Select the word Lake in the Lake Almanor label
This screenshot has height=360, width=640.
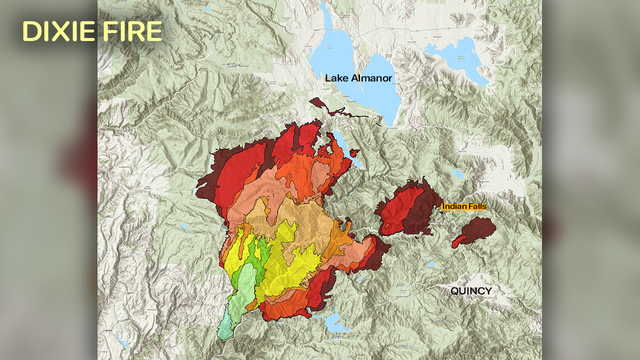tap(337, 77)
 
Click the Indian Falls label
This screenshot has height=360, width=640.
tap(464, 206)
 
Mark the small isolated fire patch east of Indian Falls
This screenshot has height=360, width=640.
tap(473, 233)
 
